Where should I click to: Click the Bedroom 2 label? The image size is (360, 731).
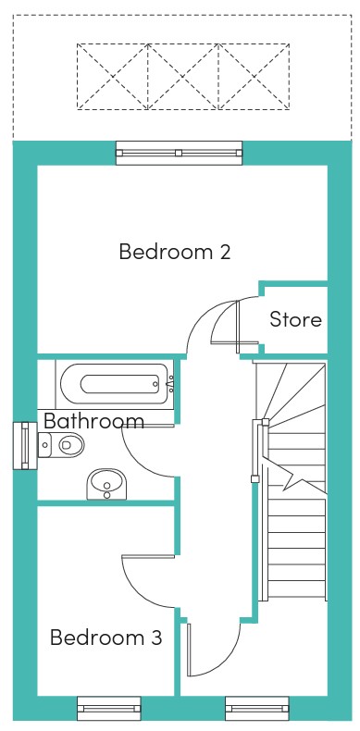(x=175, y=252)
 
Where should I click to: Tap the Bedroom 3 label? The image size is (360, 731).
(x=106, y=637)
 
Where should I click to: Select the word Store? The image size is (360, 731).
(x=295, y=319)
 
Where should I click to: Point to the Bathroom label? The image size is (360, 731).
(x=93, y=421)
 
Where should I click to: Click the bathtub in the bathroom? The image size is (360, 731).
(x=114, y=384)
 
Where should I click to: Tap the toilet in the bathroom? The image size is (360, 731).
(x=61, y=445)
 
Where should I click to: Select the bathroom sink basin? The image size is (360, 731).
(x=106, y=484)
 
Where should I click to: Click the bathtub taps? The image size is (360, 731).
(x=170, y=384)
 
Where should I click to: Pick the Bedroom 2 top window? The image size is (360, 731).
(x=179, y=153)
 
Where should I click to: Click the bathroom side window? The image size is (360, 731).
(x=25, y=445)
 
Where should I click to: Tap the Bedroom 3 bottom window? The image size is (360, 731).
(x=108, y=709)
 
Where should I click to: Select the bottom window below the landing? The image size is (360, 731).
(x=257, y=709)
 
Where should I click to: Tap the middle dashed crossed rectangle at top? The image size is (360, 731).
(x=183, y=77)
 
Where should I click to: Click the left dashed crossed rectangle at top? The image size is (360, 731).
(x=112, y=77)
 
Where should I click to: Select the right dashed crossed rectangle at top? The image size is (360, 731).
(x=254, y=77)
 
